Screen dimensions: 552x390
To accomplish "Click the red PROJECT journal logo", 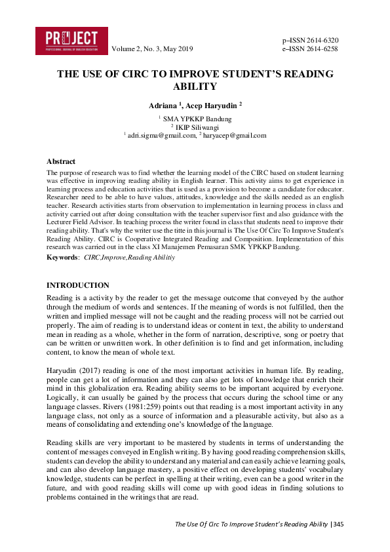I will [x=71, y=41].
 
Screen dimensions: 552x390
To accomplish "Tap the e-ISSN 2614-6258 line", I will [x=310, y=49].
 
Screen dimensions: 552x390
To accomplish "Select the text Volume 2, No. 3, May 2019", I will [x=153, y=49].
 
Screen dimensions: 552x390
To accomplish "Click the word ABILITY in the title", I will [x=195, y=86].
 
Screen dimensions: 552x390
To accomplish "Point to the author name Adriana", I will [x=163, y=104].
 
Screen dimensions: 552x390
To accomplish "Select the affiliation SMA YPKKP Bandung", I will [x=197, y=119].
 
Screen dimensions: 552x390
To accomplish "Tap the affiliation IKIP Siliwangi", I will [x=197, y=127].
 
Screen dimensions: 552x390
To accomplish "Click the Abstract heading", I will [x=60, y=161].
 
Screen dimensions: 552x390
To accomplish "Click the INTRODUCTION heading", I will [x=77, y=285].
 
